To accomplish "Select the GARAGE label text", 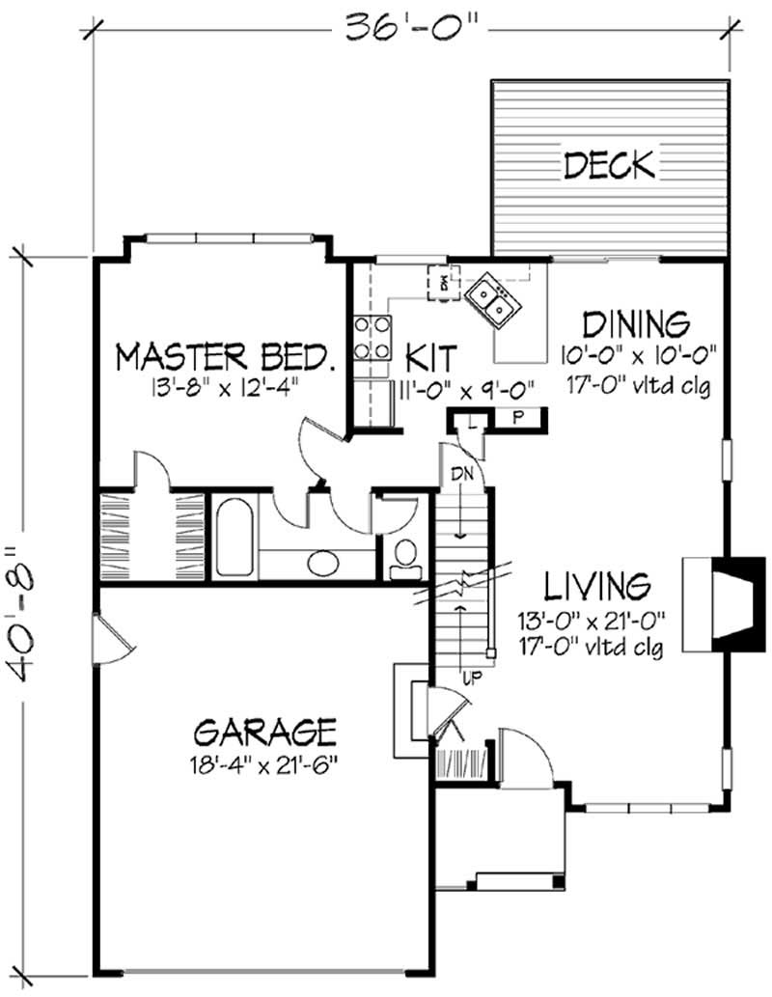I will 264,732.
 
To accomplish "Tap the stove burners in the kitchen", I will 371,338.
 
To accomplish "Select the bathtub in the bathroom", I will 234,535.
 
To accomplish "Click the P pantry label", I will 517,418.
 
